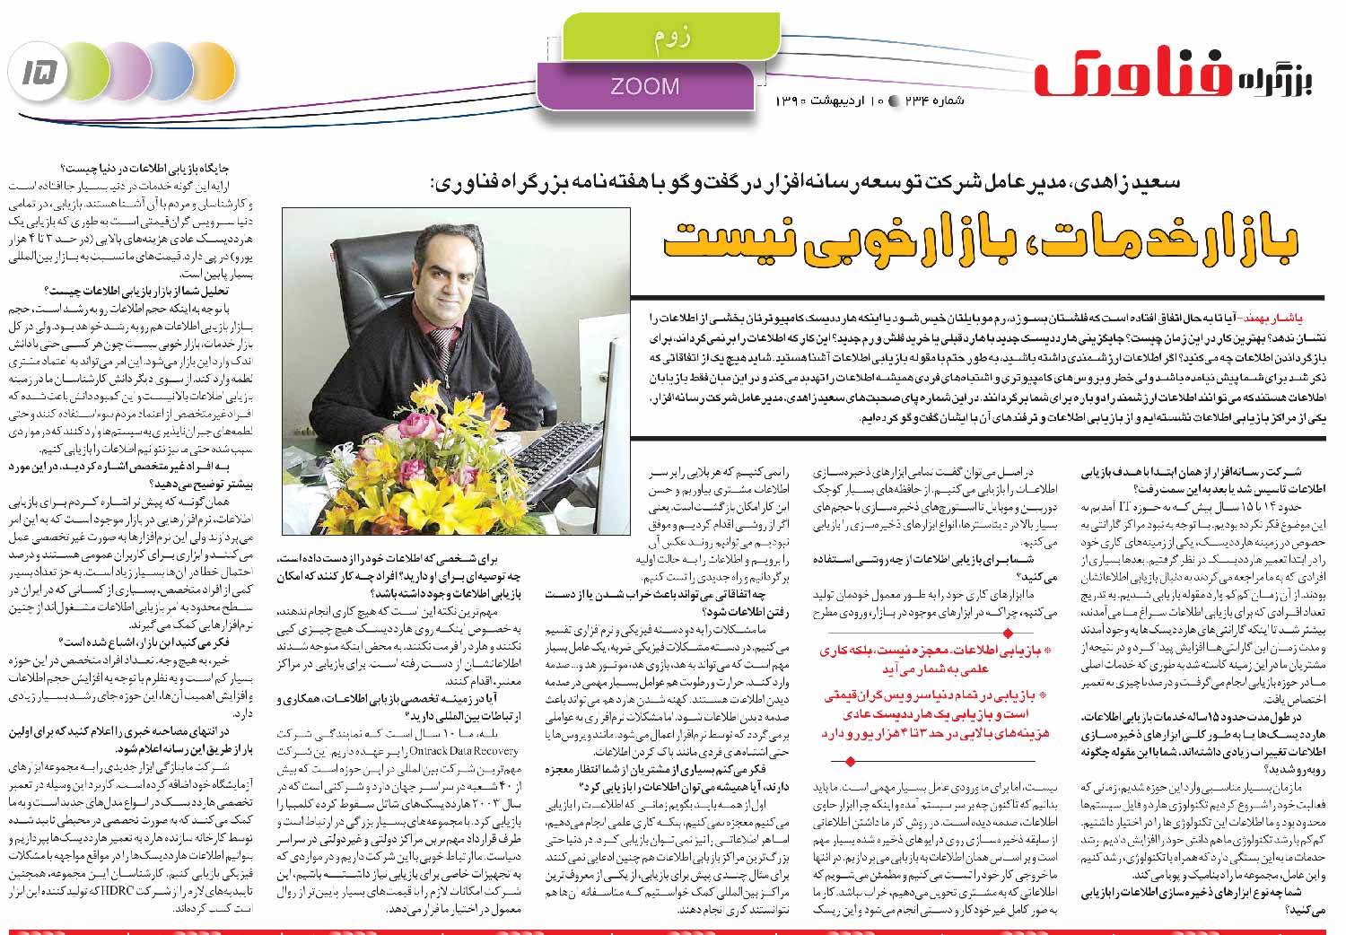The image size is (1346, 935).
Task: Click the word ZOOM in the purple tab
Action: tap(644, 86)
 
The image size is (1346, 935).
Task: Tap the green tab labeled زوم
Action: tap(671, 37)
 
